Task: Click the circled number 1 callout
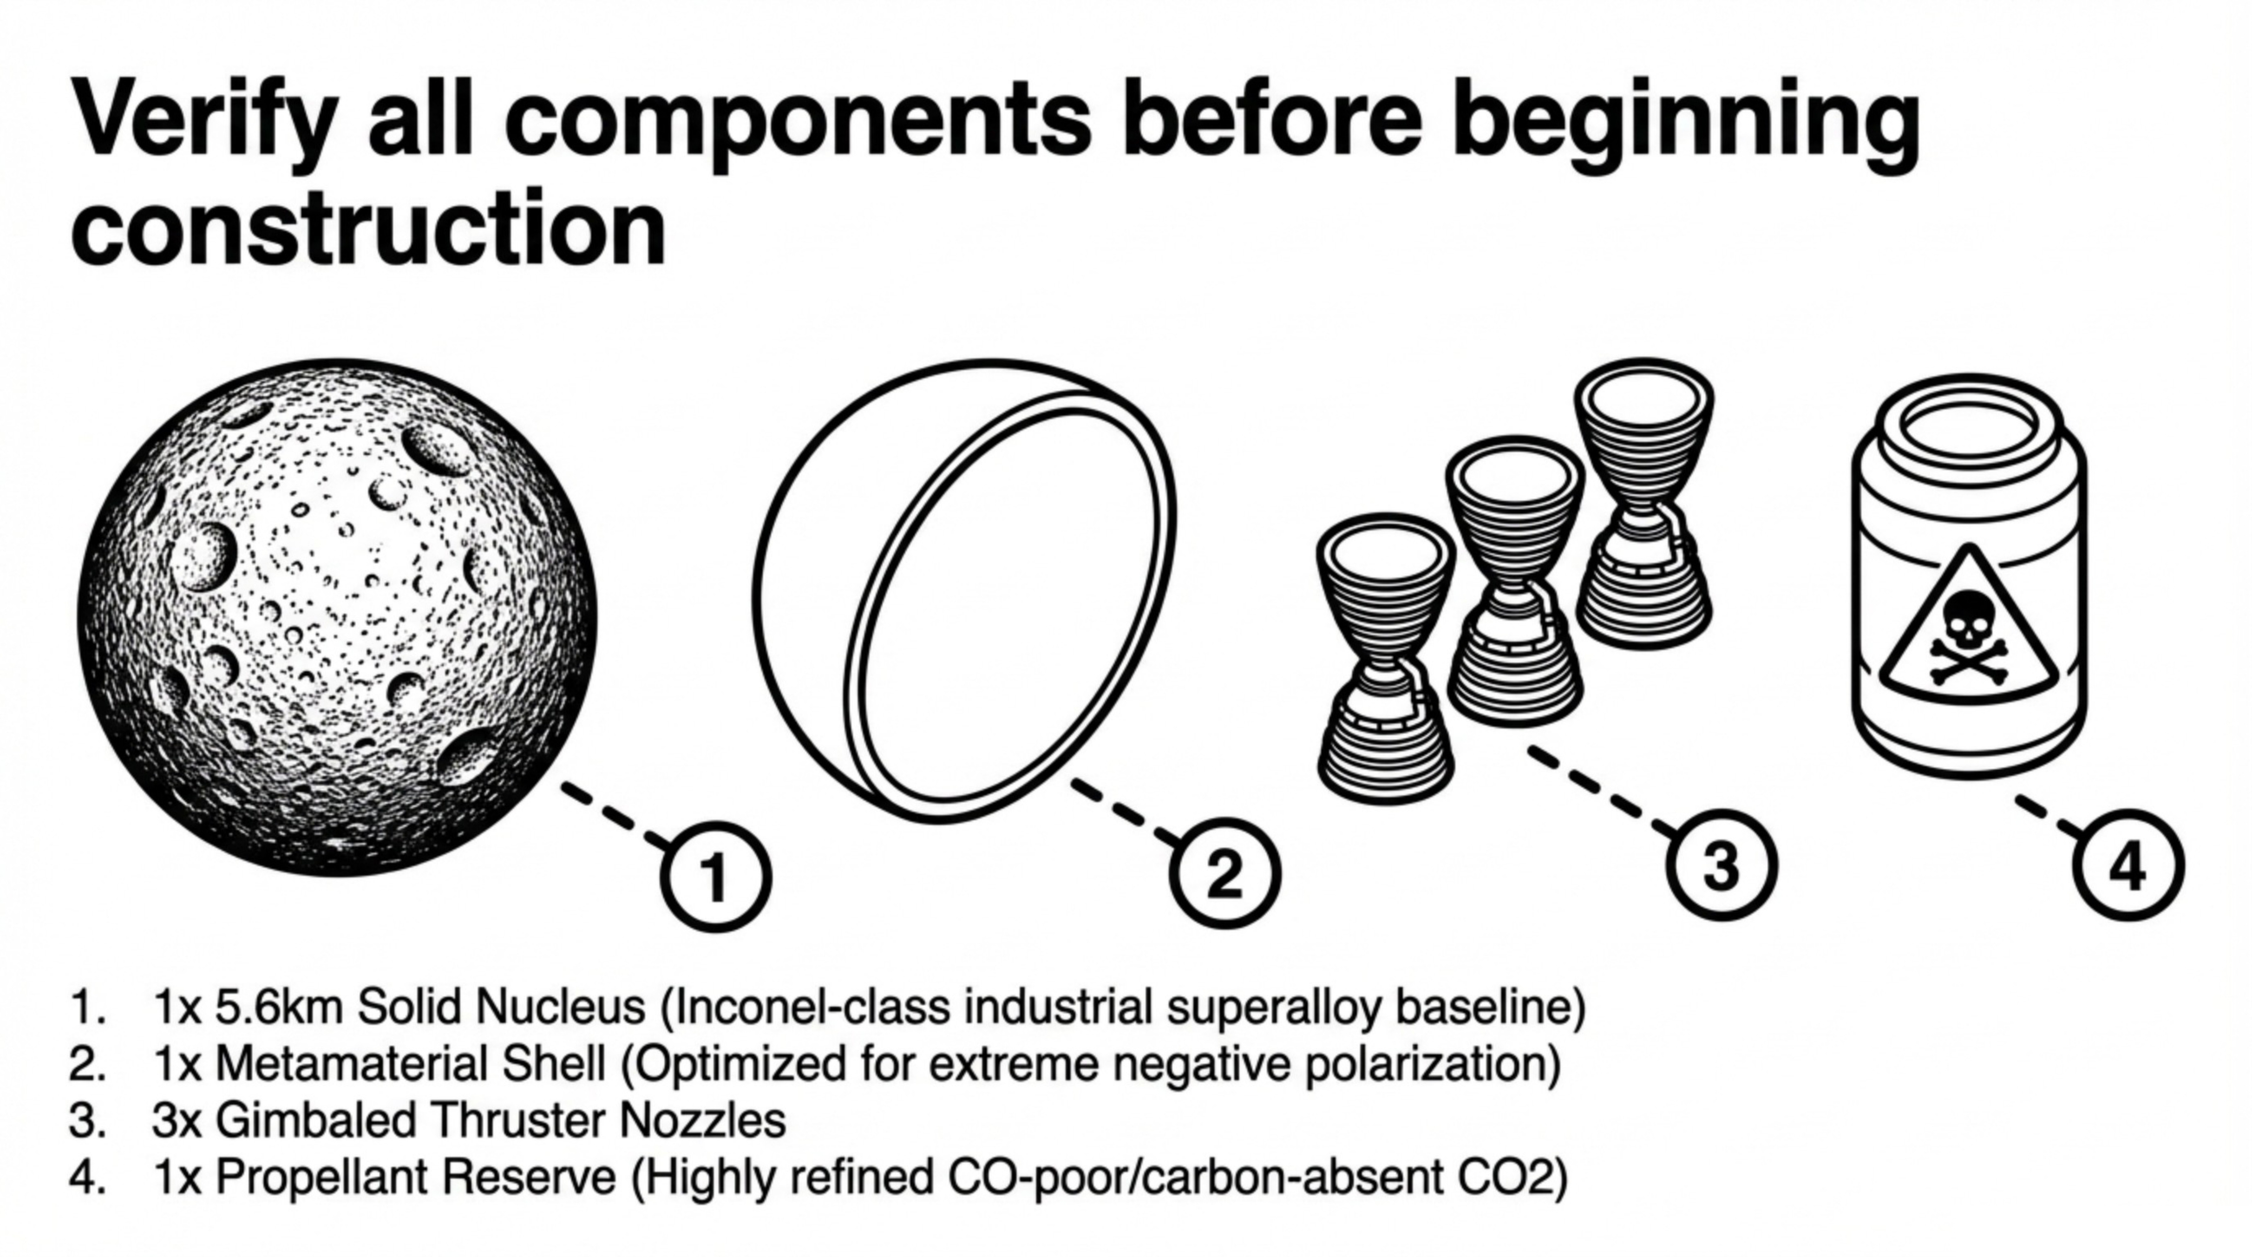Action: click(715, 876)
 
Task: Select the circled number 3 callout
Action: click(1720, 865)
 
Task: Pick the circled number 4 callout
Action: click(2128, 865)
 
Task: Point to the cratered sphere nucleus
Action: click(336, 616)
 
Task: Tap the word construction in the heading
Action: click(367, 229)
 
